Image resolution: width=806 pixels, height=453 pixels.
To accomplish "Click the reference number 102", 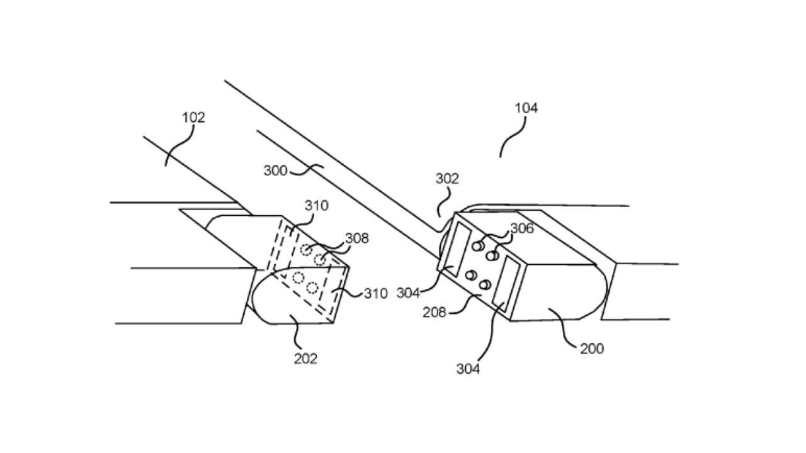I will (x=193, y=118).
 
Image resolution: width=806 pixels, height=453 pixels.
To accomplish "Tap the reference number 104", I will (x=526, y=108).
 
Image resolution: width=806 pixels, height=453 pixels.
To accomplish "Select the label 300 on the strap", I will (x=275, y=170).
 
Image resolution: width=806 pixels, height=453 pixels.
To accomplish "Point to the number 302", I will (x=447, y=179).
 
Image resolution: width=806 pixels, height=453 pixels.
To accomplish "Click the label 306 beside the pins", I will (x=522, y=228).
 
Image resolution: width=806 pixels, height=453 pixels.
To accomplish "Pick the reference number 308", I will (x=356, y=238).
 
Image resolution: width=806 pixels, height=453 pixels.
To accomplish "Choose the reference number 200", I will (x=591, y=348).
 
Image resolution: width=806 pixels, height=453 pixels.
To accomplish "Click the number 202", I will (x=305, y=359).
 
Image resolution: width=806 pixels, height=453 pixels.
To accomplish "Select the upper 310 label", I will (x=316, y=206).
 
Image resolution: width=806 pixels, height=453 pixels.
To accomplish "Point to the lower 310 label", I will (x=375, y=294).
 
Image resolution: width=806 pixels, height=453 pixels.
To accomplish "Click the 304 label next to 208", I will (x=408, y=293).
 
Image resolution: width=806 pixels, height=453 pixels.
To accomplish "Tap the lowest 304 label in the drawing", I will (x=468, y=369).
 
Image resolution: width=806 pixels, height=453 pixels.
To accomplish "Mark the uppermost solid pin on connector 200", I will (x=479, y=245).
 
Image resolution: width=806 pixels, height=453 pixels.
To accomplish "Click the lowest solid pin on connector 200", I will (x=485, y=285).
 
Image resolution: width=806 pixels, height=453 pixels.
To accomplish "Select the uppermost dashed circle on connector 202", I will (x=307, y=250).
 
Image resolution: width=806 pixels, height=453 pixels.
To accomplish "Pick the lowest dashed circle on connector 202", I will (x=312, y=288).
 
